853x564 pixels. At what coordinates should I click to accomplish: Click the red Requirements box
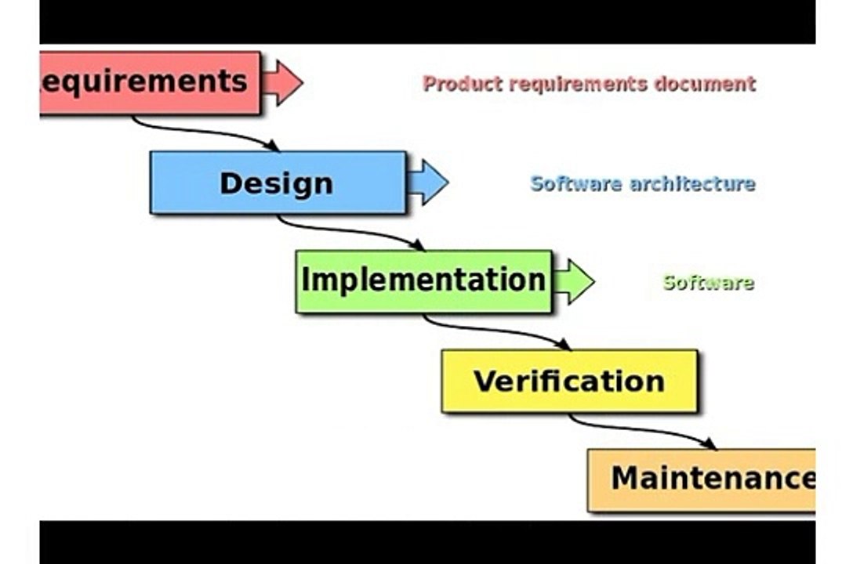point(151,82)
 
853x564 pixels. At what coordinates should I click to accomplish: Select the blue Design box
point(278,183)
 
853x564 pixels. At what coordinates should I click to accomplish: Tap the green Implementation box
point(424,281)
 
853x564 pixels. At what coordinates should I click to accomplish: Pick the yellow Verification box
point(569,381)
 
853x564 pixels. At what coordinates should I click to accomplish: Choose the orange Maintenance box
point(702,479)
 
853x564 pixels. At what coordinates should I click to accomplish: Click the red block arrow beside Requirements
point(282,82)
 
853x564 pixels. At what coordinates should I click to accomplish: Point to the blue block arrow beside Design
point(427,183)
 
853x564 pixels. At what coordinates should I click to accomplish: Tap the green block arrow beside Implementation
point(573,281)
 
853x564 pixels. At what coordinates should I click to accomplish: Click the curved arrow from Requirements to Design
point(204,131)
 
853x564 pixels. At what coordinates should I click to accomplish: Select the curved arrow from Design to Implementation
point(349,230)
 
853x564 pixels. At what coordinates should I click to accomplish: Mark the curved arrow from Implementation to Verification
point(495,330)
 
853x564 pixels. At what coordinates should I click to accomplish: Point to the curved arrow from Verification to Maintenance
point(641,429)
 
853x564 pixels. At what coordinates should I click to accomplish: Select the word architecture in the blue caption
point(692,183)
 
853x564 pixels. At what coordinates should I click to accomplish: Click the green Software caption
point(709,283)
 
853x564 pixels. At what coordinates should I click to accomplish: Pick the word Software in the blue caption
point(576,183)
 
